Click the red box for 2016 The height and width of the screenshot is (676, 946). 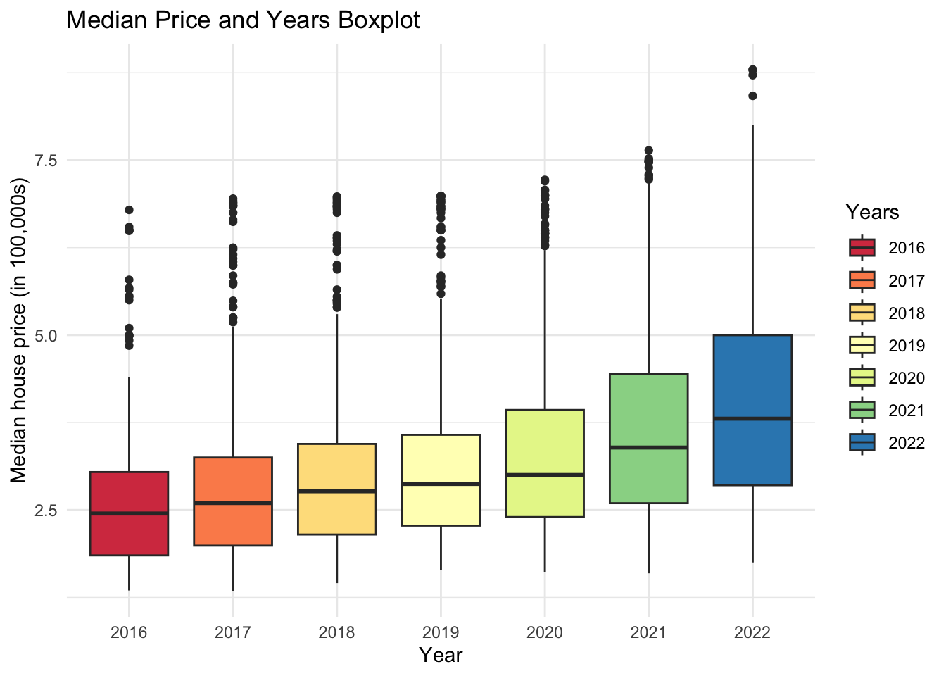pos(129,535)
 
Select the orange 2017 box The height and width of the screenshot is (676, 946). pos(233,525)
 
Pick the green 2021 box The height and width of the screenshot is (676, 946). pos(648,408)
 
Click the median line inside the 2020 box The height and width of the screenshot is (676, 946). pos(545,475)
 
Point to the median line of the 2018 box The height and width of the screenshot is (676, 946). pos(336,491)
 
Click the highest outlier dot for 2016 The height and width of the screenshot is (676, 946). pos(129,210)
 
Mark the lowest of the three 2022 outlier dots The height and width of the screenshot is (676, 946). pos(752,96)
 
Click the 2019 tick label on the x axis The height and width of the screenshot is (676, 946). pos(441,632)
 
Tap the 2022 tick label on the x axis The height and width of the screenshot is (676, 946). pos(752,632)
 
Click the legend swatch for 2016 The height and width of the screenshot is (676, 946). pos(862,248)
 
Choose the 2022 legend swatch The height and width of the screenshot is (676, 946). pos(862,442)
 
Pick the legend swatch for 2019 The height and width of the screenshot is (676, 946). pos(862,345)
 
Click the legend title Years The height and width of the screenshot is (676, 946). pos(872,212)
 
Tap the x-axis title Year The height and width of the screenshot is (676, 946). pos(441,656)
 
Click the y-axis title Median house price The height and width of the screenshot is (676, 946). pos(19,331)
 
